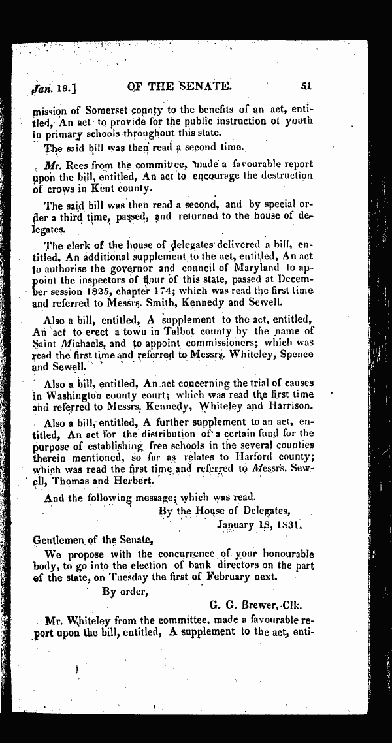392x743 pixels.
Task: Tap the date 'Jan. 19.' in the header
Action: click(x=50, y=86)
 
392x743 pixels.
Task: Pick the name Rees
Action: click(x=72, y=164)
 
